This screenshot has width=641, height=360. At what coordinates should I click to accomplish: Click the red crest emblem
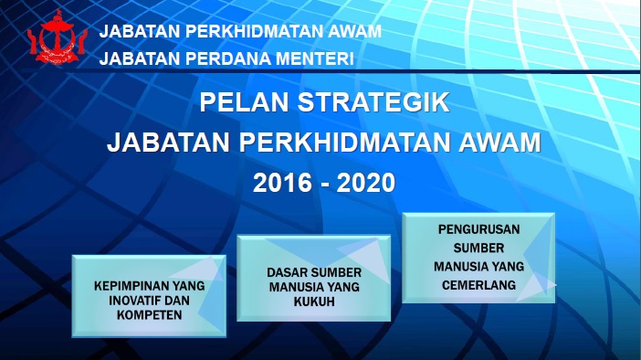(58, 37)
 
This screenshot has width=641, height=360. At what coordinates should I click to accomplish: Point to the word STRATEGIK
(373, 102)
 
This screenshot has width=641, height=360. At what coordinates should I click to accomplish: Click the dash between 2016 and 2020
(324, 185)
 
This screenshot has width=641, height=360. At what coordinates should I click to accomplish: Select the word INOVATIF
(134, 301)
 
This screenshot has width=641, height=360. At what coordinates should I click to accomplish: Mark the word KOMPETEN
(149, 315)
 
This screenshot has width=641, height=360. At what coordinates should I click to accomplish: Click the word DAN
(176, 301)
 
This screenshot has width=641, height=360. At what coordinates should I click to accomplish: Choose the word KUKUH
(314, 302)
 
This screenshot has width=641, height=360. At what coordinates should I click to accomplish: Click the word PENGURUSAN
(479, 229)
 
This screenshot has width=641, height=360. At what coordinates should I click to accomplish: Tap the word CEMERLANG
(479, 285)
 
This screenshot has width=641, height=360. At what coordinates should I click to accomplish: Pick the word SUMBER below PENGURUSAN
(478, 248)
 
